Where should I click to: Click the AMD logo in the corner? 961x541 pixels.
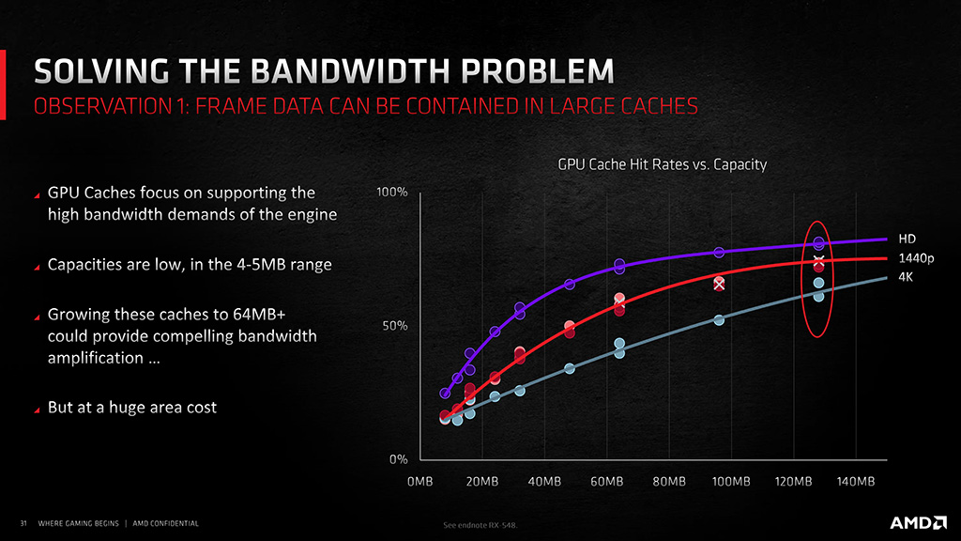[x=918, y=522]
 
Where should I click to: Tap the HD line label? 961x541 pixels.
[x=908, y=240]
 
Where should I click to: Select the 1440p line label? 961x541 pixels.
[x=916, y=258]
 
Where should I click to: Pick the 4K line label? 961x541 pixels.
[x=906, y=277]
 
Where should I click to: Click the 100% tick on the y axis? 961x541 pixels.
[x=391, y=192]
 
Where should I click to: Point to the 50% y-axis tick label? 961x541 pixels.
[x=395, y=326]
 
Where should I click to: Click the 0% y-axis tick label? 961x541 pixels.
[x=398, y=459]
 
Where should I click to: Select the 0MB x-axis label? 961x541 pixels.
[x=419, y=482]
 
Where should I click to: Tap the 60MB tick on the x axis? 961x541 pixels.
[x=607, y=482]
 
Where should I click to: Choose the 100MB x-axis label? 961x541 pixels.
[x=731, y=482]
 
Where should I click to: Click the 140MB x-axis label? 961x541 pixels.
[x=856, y=482]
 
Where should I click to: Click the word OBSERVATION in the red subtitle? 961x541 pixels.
[x=102, y=106]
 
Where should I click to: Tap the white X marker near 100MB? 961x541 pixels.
[x=719, y=286]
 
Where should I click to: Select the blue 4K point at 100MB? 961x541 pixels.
[x=719, y=320]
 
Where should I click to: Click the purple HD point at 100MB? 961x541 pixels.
[x=719, y=252]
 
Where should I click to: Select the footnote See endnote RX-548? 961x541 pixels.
[x=480, y=525]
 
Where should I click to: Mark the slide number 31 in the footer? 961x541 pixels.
[x=23, y=523]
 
